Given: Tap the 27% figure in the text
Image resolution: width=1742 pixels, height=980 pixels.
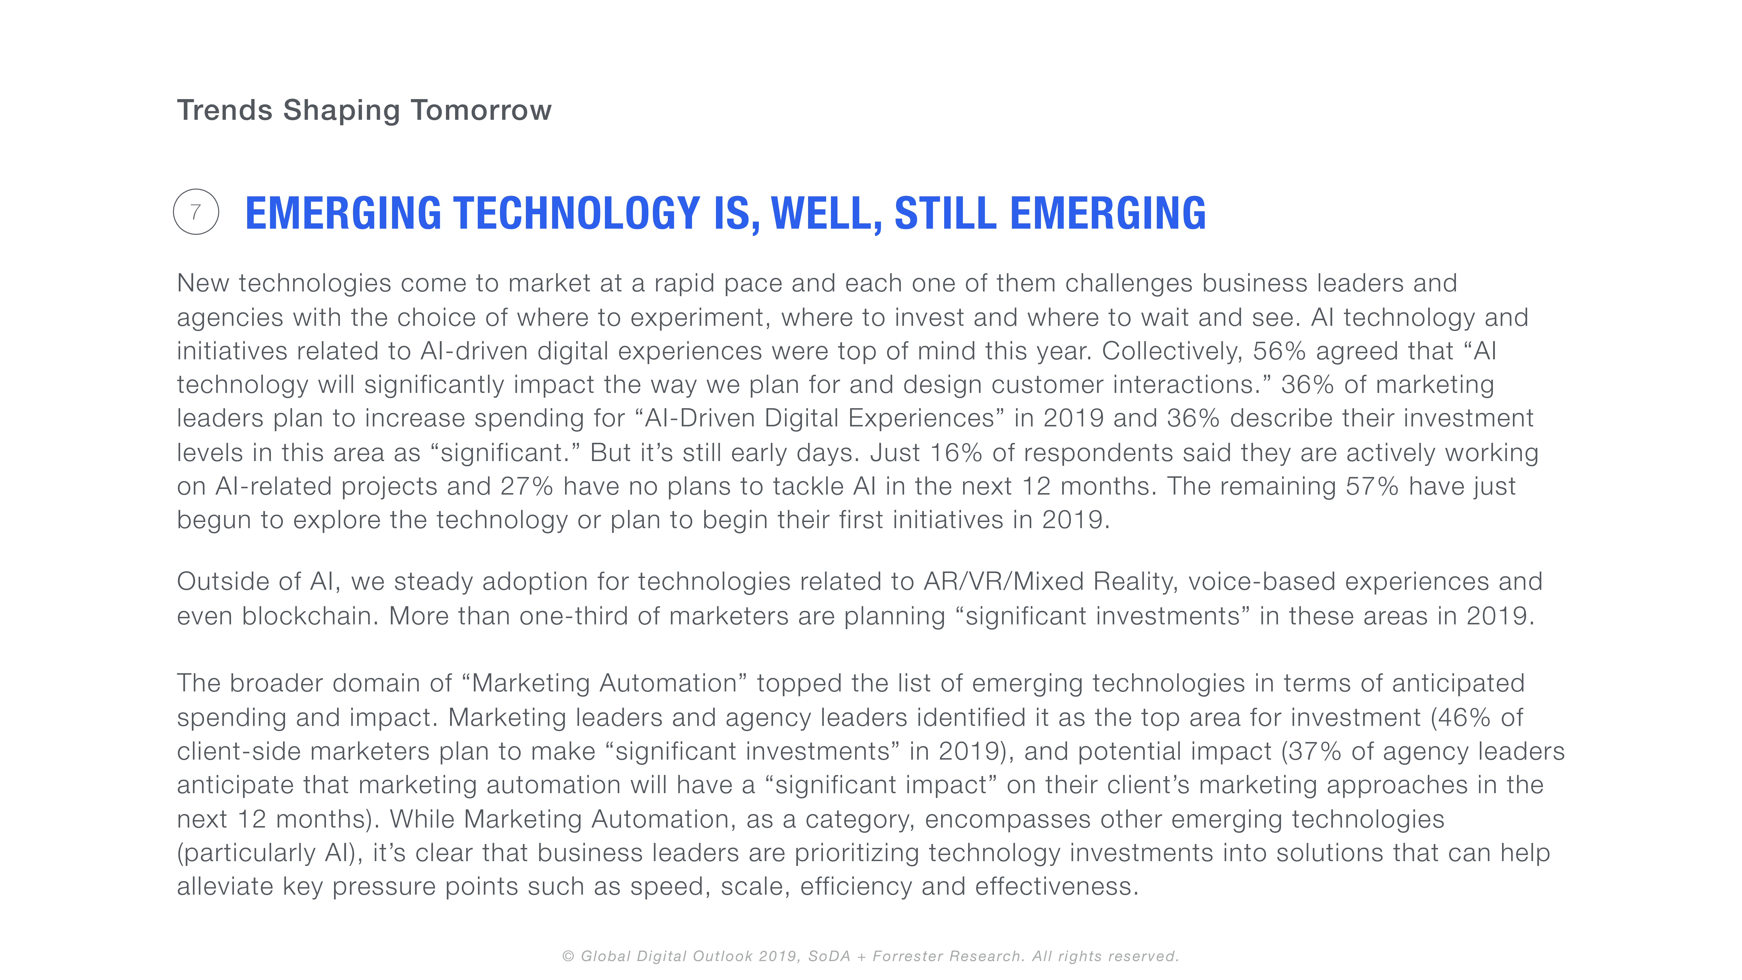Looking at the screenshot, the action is tap(527, 486).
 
